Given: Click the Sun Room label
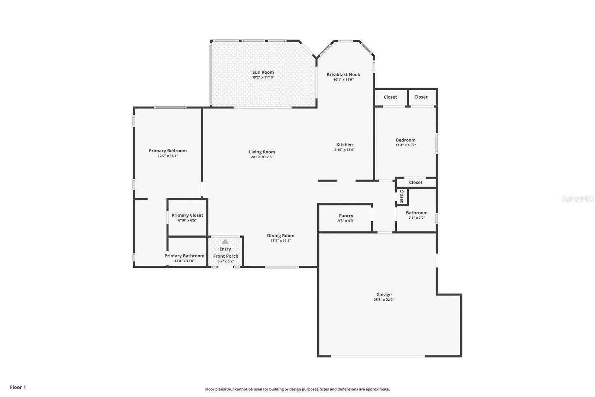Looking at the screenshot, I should pos(263,72).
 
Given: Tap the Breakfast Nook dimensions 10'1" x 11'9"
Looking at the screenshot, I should pos(343,79).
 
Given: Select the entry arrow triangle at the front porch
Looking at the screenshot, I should pos(225,241).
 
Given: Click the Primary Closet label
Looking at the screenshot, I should pos(187,215).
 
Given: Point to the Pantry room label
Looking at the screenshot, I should pos(346,216).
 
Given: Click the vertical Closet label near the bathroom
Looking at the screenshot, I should pos(402,196).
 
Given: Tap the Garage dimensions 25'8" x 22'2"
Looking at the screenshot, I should pos(384,299).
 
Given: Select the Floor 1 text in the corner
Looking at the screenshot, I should pos(18,387).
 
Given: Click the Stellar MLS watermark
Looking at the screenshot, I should pos(577,198).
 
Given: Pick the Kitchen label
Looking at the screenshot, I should pos(344,144).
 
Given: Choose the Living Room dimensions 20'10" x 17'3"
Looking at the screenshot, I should pos(262,157).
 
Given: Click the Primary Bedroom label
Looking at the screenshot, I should pos(168,150).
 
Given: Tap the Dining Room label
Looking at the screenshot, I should pos(280,235).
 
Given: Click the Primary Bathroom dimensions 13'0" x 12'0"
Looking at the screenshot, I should pos(184,261).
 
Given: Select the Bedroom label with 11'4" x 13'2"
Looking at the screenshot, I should pos(405,140).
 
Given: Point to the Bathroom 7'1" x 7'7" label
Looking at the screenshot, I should pos(416,213).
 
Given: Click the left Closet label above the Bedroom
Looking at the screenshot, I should pos(390,97).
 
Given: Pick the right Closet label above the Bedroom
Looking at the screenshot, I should pos(421,97).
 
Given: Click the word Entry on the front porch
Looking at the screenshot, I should pos(225,249).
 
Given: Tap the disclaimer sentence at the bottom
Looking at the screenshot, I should pos(297,389).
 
